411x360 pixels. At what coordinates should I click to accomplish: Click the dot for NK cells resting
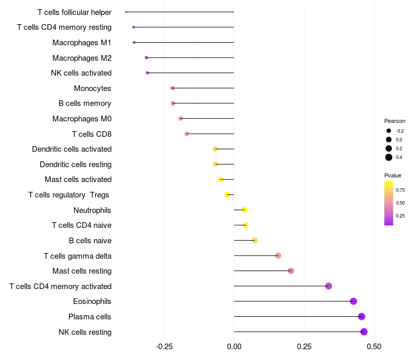pyautogui.click(x=364, y=332)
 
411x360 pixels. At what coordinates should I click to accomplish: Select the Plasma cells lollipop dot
pyautogui.click(x=362, y=317)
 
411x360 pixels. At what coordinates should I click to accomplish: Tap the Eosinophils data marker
pyautogui.click(x=353, y=301)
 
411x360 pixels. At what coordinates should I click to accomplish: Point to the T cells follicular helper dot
pyautogui.click(x=126, y=12)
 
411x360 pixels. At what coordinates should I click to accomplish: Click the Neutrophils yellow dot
pyautogui.click(x=245, y=210)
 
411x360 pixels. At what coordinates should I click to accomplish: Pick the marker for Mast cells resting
pyautogui.click(x=291, y=271)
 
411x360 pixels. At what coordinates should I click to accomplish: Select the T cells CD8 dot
pyautogui.click(x=186, y=134)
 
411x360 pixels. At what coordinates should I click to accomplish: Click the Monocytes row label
pyautogui.click(x=92, y=88)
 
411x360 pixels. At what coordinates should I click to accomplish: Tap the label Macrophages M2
pyautogui.click(x=82, y=58)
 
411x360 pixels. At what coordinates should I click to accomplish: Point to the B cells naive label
pyautogui.click(x=90, y=241)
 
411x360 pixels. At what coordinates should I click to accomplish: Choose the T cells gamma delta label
pyautogui.click(x=78, y=256)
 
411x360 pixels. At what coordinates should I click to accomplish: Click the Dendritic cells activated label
pyautogui.click(x=71, y=149)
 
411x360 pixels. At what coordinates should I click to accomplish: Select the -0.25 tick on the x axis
pyautogui.click(x=164, y=347)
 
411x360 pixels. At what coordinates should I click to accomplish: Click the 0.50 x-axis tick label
pyautogui.click(x=374, y=347)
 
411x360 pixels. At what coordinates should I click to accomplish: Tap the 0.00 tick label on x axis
pyautogui.click(x=234, y=347)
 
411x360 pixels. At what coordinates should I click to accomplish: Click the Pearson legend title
pyautogui.click(x=395, y=121)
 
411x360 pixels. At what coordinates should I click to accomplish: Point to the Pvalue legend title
pyautogui.click(x=393, y=175)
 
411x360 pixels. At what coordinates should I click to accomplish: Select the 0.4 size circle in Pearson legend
pyautogui.click(x=389, y=157)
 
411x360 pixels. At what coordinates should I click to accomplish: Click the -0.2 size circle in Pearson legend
pyautogui.click(x=389, y=131)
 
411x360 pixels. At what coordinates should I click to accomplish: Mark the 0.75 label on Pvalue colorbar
pyautogui.click(x=400, y=190)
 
